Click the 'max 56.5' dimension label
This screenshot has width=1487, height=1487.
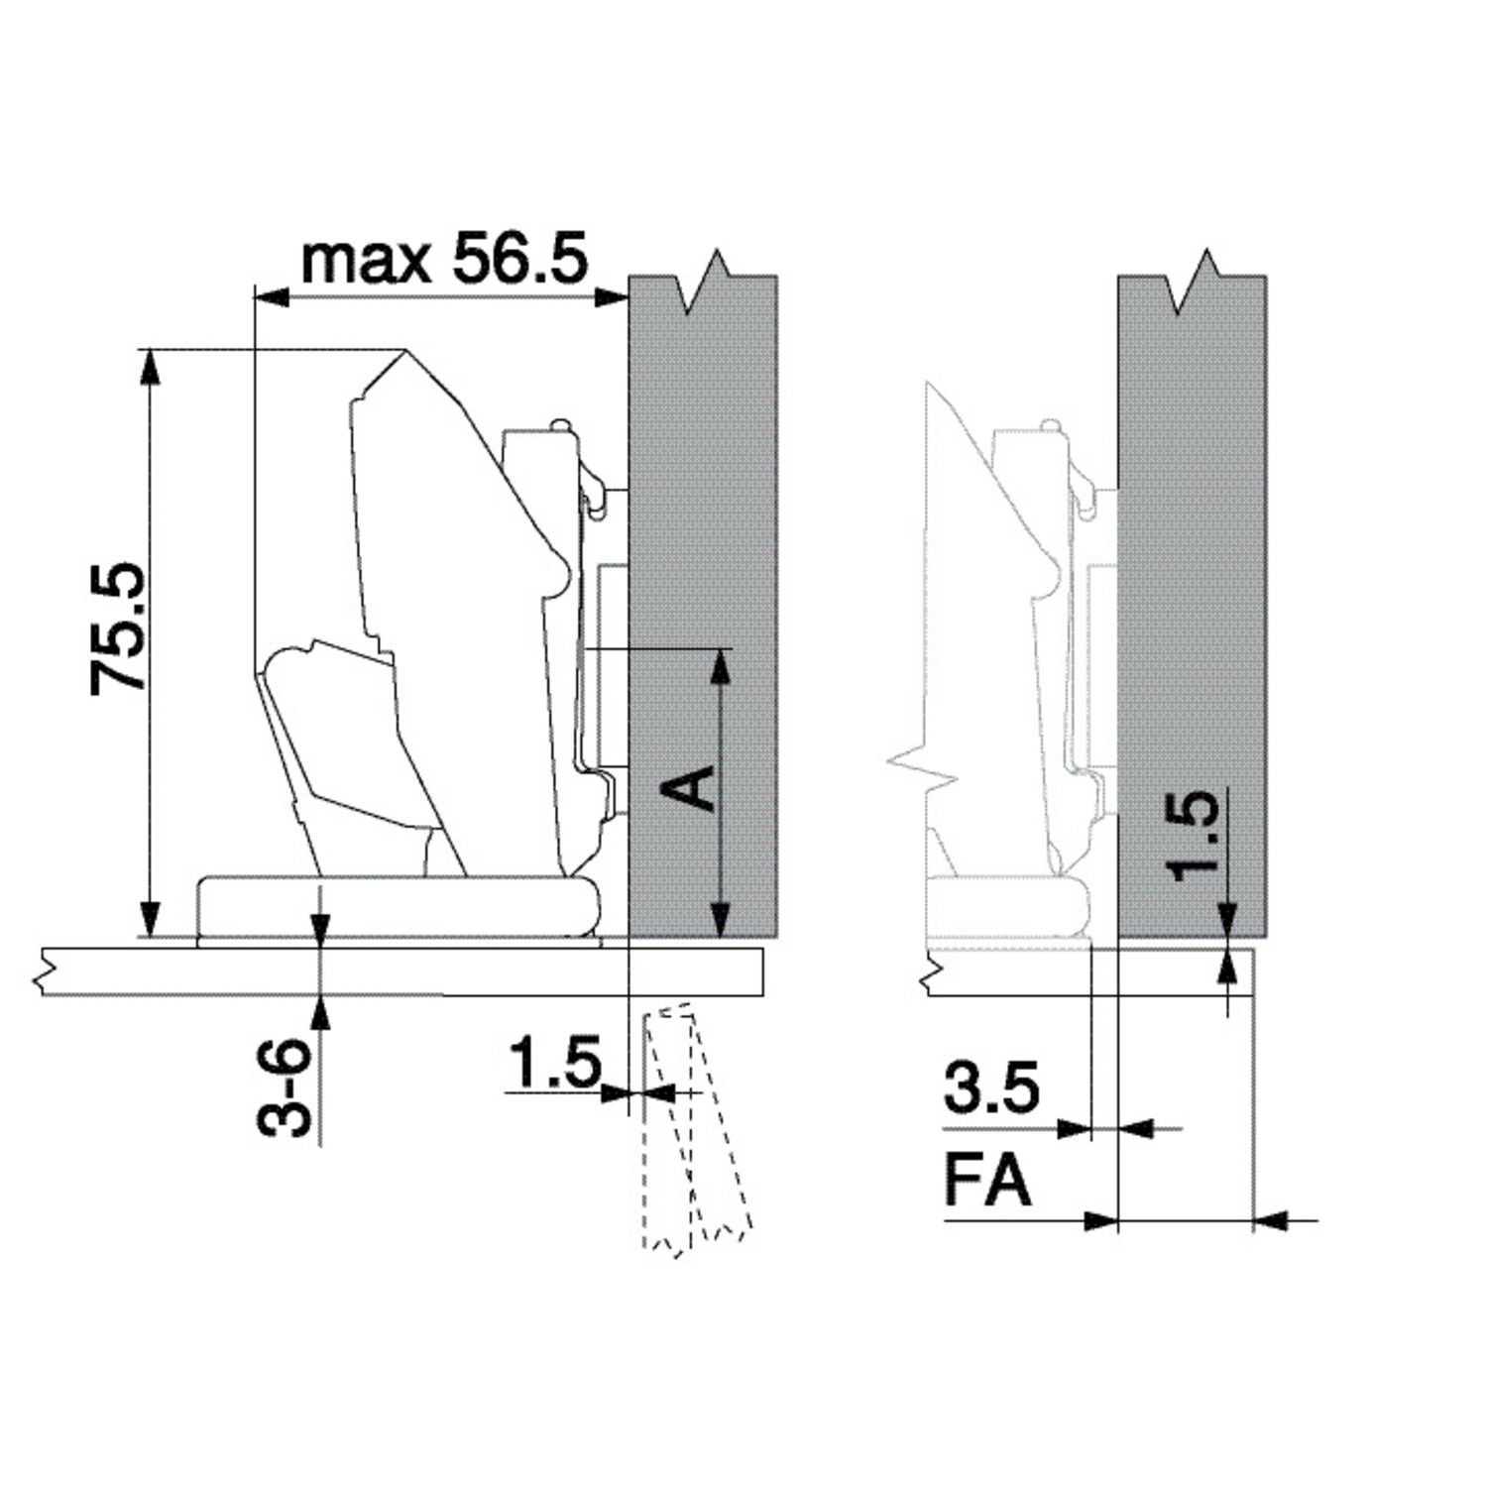[x=444, y=260]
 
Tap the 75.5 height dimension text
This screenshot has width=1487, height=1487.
[x=118, y=629]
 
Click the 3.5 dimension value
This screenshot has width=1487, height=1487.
[x=991, y=1087]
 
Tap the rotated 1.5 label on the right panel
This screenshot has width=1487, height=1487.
[x=1192, y=836]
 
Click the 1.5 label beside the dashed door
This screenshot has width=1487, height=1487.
[x=555, y=1062]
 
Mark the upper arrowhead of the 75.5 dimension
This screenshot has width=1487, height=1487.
[x=149, y=367]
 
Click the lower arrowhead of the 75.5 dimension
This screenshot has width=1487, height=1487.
[x=149, y=917]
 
